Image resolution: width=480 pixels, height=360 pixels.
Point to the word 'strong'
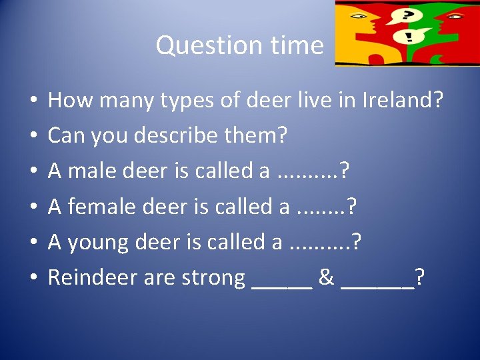(212, 277)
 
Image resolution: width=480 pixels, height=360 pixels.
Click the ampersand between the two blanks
(327, 277)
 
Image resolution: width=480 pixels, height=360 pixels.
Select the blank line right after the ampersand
(377, 285)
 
